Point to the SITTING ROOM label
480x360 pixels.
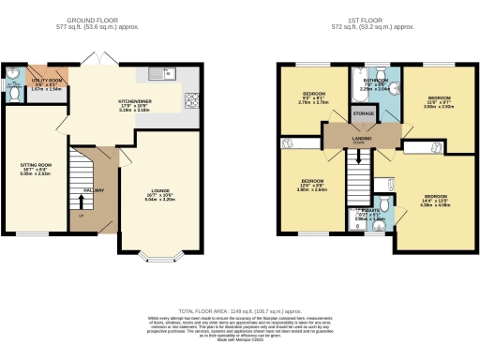pos(35,164)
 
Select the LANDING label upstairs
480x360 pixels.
pos(359,141)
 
